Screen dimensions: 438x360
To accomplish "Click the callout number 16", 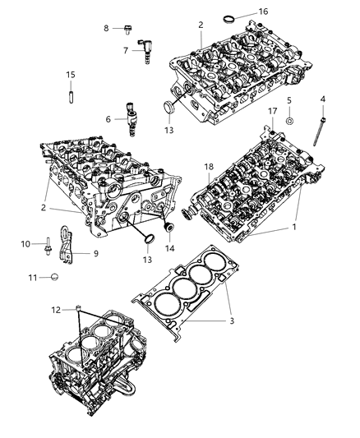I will click(263, 12).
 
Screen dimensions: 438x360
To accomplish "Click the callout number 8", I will click(106, 28).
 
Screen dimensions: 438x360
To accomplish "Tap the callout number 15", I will click(71, 76).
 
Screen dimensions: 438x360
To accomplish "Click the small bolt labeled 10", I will click(50, 244).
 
